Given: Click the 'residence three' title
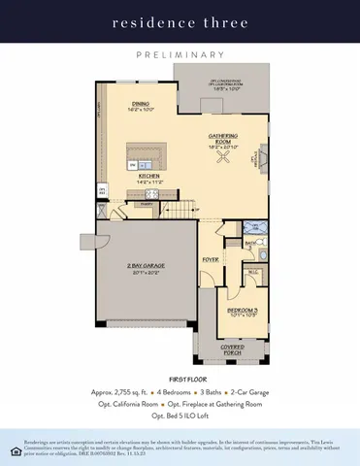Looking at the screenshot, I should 180,21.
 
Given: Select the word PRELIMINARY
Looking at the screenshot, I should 180,55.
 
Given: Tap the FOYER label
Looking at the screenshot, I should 210,260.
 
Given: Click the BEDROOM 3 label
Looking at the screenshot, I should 242,310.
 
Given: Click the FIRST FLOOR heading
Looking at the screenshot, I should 180,372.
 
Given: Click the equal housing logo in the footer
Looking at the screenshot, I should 9,449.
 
